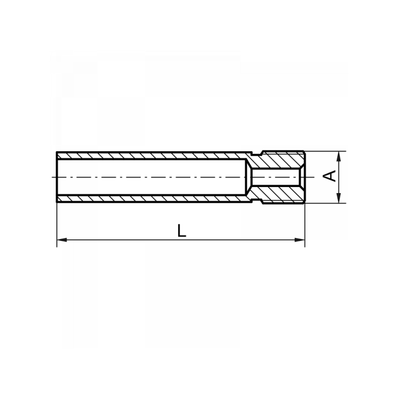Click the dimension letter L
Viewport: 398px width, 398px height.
(182, 230)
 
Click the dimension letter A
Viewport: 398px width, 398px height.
(329, 176)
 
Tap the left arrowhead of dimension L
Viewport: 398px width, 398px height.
(62, 240)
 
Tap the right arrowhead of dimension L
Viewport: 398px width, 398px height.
(299, 240)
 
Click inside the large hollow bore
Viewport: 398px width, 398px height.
(152, 177)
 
